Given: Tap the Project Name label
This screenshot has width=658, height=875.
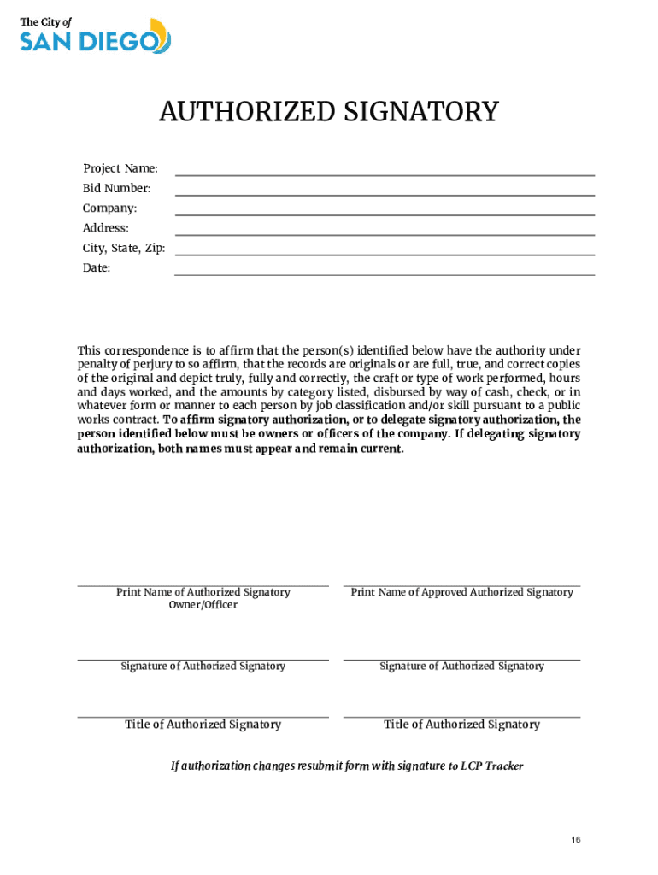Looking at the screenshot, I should (120, 168).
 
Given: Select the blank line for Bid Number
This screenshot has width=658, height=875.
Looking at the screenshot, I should (385, 195).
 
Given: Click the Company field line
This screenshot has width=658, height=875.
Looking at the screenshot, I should (385, 214).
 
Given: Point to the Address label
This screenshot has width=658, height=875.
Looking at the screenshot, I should (106, 228).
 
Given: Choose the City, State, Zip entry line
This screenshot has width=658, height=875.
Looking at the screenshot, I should (385, 255).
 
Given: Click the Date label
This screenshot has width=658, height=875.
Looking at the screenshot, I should (97, 268).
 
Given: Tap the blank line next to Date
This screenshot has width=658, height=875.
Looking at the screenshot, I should (385, 274).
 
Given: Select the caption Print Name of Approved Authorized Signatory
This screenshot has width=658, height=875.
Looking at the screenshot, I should (461, 592).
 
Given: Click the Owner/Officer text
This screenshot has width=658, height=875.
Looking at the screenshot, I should (203, 605).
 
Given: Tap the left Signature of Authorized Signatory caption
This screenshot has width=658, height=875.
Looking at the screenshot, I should (203, 667).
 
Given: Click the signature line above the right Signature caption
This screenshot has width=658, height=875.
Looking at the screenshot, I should (461, 659).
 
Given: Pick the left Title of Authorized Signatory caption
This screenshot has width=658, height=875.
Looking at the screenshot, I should (203, 725).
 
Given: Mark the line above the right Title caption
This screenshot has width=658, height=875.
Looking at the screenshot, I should (461, 717).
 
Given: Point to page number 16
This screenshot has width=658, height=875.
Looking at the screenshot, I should (577, 840).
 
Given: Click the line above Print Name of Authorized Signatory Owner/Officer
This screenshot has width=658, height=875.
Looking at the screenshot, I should (203, 586).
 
